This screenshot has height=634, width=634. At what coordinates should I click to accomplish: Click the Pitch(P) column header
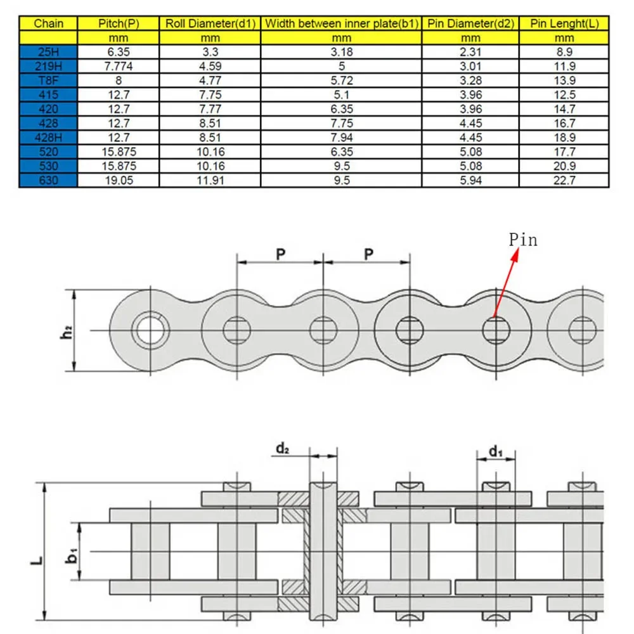click(x=119, y=24)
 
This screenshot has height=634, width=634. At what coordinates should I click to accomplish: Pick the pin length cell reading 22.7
click(x=564, y=180)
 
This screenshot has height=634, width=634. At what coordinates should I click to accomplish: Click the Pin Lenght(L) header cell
click(x=564, y=24)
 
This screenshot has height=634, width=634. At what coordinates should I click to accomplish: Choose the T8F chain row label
click(x=48, y=81)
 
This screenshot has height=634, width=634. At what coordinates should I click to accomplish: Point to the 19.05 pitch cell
click(x=119, y=180)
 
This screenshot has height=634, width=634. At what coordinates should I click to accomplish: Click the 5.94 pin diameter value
click(x=470, y=180)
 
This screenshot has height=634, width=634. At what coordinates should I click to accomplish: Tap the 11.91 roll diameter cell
click(x=210, y=180)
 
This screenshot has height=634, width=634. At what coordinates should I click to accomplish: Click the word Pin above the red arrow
click(x=523, y=240)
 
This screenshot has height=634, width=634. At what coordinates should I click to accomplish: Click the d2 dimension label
click(x=283, y=448)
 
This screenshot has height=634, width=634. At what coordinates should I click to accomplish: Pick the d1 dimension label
click(x=496, y=451)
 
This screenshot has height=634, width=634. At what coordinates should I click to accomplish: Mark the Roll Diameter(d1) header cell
click(x=210, y=24)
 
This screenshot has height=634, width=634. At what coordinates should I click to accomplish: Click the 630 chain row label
click(x=48, y=180)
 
